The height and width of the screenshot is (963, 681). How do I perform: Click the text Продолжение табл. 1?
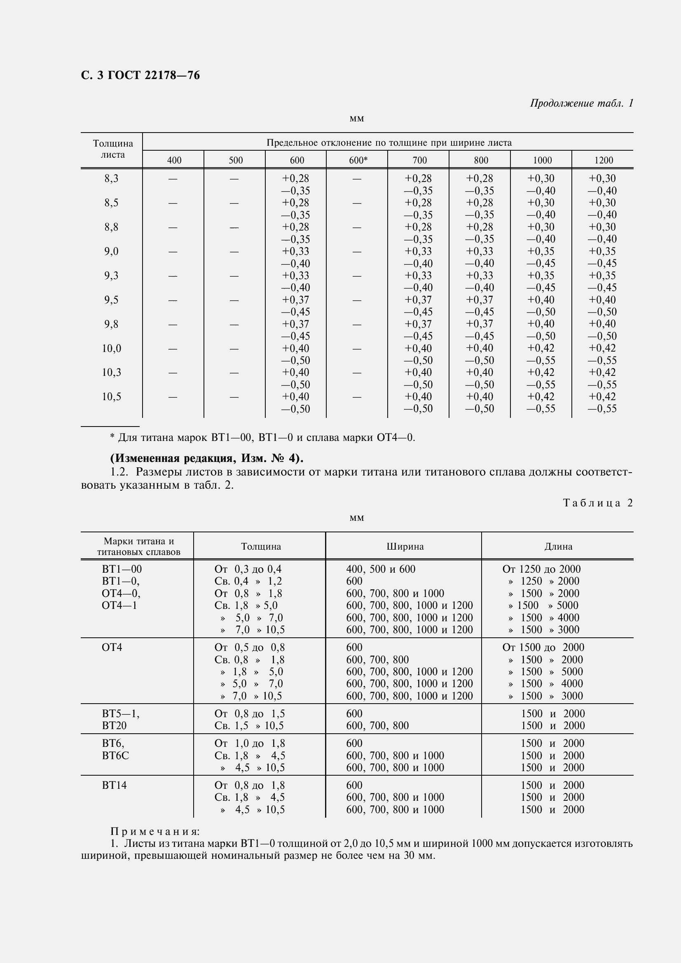coord(581,103)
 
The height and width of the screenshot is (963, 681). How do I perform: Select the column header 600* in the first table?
coord(358,160)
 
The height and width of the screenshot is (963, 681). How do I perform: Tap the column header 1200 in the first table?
coord(604,160)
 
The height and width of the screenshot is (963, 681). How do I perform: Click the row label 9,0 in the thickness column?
coord(112,252)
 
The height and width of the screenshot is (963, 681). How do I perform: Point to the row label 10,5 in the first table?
coord(112,397)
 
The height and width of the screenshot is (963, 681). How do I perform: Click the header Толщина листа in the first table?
coord(113,149)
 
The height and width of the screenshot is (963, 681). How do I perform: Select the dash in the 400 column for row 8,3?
coord(173,179)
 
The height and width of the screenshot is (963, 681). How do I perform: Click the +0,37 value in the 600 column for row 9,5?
coord(295,300)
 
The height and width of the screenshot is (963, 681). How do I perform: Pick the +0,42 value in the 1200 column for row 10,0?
coord(602,348)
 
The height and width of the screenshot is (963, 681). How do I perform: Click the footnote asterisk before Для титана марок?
coord(112,438)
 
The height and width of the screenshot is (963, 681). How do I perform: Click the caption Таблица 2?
coord(597,503)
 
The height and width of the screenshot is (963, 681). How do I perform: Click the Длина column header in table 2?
coord(558,546)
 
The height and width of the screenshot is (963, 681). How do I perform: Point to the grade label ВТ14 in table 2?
coord(114,785)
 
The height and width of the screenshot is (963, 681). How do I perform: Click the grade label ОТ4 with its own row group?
coord(112,648)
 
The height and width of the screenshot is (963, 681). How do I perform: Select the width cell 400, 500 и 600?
coord(381,569)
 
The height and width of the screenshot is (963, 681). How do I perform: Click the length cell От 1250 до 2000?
coord(541,569)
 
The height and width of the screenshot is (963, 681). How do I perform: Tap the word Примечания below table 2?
coord(155,831)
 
